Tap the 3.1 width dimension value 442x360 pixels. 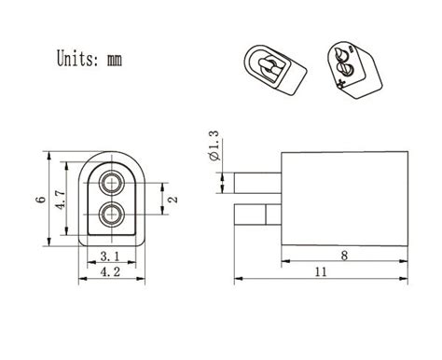coord(109,256)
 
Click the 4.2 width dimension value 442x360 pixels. coord(110,274)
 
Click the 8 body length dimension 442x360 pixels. coord(344,254)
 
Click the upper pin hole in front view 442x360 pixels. coord(112,181)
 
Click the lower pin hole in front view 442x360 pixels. coord(112,215)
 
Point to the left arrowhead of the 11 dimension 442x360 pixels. coord(237,277)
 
